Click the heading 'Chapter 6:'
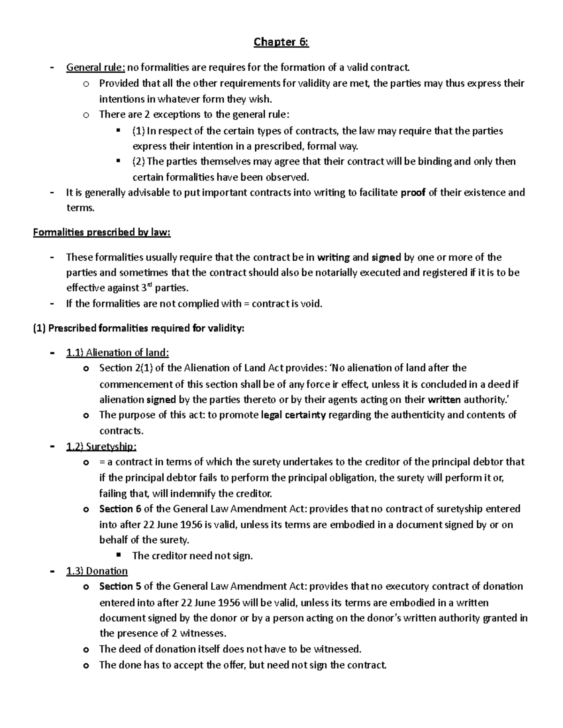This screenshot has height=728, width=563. (x=281, y=42)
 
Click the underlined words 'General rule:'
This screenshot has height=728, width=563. (x=96, y=68)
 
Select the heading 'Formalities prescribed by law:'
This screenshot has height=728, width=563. (x=102, y=233)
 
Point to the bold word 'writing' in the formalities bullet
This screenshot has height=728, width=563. (x=333, y=257)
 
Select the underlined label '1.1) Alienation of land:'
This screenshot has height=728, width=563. (x=117, y=353)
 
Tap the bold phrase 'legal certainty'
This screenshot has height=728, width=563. (x=293, y=415)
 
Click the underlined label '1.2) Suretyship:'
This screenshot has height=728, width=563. (x=101, y=446)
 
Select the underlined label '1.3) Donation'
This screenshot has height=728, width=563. (x=97, y=571)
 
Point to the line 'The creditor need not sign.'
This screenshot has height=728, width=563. (x=192, y=556)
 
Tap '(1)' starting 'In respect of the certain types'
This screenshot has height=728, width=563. (x=139, y=131)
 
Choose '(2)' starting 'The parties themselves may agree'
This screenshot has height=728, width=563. (x=139, y=162)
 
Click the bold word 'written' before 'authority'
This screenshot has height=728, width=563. (x=445, y=399)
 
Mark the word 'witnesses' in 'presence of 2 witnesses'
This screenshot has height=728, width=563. (x=203, y=633)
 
